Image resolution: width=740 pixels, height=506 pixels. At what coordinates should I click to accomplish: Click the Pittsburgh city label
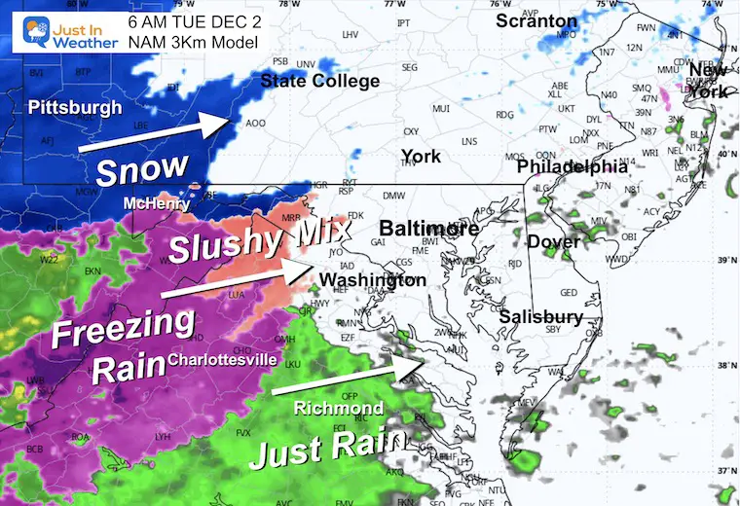(75, 107)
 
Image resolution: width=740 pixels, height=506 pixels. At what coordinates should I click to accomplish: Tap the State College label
(320, 82)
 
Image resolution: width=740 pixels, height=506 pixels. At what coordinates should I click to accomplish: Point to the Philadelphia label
(572, 167)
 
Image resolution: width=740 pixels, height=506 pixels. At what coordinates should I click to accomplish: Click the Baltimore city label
(428, 229)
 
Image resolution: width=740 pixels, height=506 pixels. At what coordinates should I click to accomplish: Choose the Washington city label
(374, 280)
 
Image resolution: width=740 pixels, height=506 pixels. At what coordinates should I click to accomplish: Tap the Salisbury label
(540, 317)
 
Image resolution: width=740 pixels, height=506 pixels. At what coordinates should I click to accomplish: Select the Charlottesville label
(223, 360)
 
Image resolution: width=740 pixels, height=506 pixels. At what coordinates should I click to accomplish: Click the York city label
(421, 157)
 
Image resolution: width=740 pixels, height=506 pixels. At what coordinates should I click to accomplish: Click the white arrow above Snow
(155, 132)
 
